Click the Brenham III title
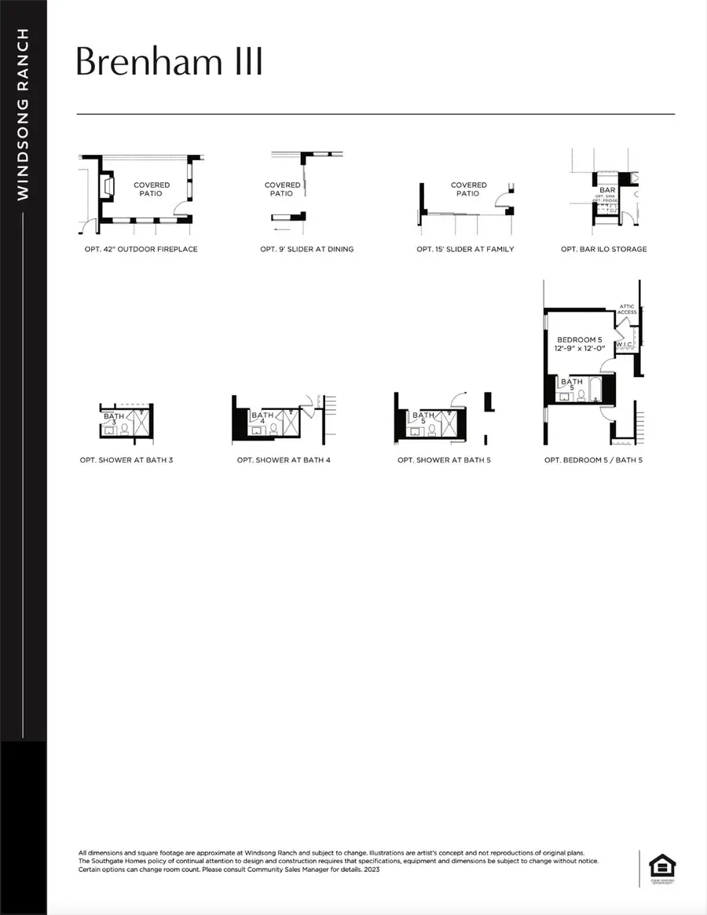coord(169,62)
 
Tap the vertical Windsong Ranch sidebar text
coord(24,114)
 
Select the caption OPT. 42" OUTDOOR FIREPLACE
coord(139,249)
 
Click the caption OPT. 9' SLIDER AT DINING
coord(307,249)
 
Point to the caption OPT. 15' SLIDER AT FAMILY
coord(466,249)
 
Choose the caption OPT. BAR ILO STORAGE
coord(604,249)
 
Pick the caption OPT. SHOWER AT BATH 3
coord(126,459)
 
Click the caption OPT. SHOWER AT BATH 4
coord(284,459)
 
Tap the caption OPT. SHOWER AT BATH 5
coord(445,459)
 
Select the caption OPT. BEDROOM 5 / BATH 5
coord(594,459)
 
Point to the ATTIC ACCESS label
coord(627,309)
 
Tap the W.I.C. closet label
coord(625,344)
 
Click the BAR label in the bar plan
coord(607,190)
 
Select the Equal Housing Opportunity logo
coord(658,866)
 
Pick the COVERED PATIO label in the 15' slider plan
coord(469,189)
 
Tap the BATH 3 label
coord(114,419)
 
